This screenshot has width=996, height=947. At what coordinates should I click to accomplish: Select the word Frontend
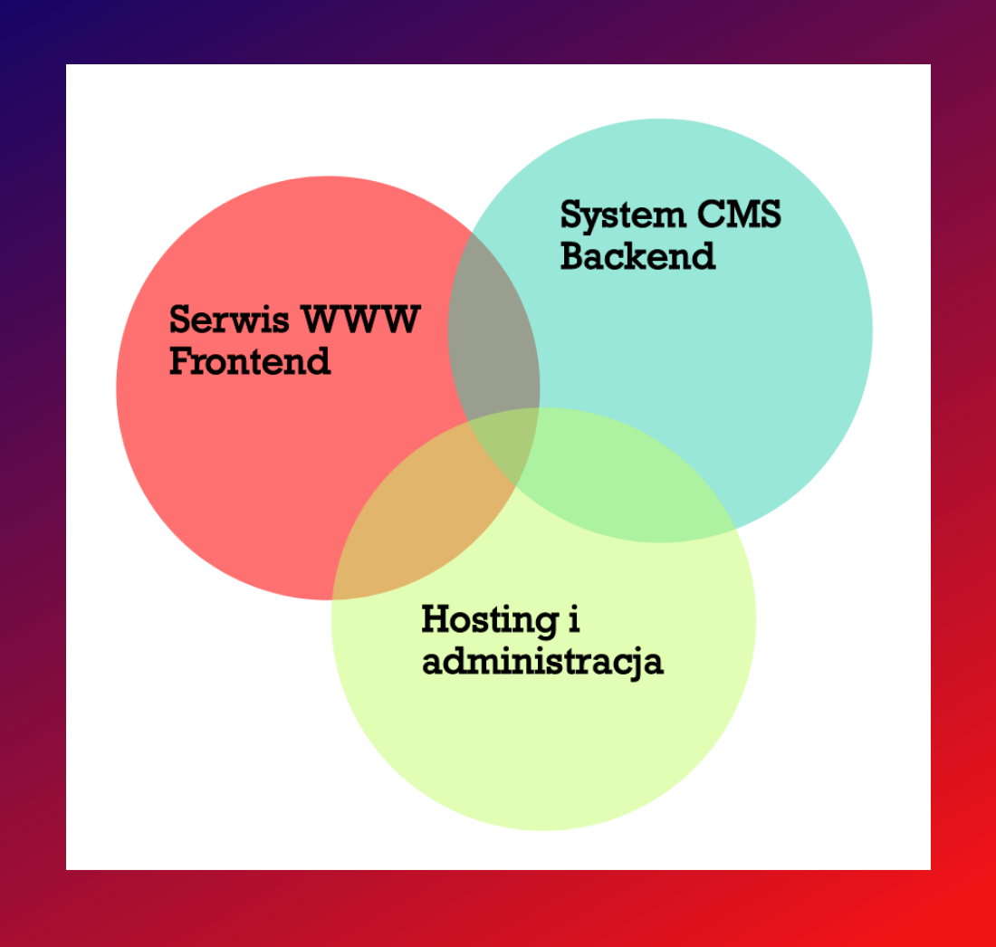click(250, 361)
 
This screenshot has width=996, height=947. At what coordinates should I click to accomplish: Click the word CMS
click(739, 215)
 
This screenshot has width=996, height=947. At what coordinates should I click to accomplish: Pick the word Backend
click(637, 256)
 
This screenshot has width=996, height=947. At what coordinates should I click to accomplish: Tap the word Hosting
click(488, 621)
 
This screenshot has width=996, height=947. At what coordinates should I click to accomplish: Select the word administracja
click(542, 662)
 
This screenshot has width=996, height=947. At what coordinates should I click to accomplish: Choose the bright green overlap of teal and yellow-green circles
click(625, 480)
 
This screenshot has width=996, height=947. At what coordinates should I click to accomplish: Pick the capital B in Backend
click(573, 256)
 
